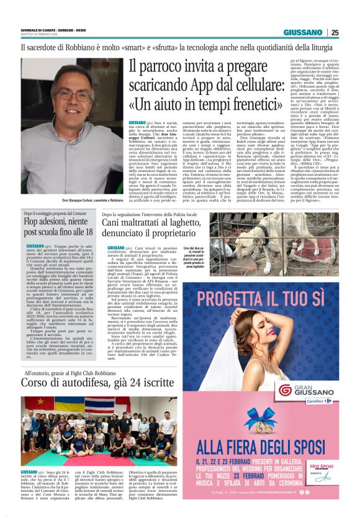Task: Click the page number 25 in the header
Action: click(335, 32)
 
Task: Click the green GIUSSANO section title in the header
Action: click(302, 32)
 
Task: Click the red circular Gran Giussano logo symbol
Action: click(285, 390)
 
